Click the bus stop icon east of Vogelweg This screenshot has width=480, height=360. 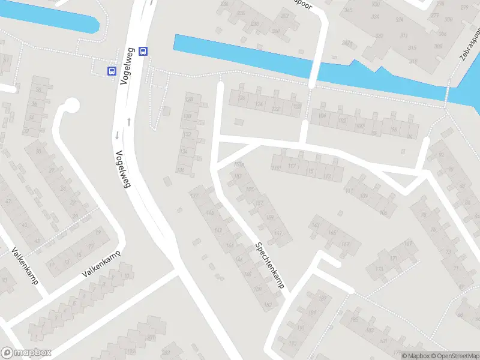(x=143, y=51)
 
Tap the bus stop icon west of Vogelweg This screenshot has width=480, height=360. (x=112, y=71)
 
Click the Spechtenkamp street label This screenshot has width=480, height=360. (x=270, y=266)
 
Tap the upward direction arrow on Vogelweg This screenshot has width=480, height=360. (x=129, y=122)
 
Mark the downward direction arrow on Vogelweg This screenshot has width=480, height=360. (x=117, y=135)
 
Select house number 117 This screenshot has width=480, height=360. (x=293, y=166)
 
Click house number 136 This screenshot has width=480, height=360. (x=181, y=170)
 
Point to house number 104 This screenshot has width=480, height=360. (x=323, y=116)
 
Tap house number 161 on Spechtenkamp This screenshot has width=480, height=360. (x=278, y=233)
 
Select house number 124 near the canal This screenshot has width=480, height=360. (x=259, y=104)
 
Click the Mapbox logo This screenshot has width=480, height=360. (x=26, y=353)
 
